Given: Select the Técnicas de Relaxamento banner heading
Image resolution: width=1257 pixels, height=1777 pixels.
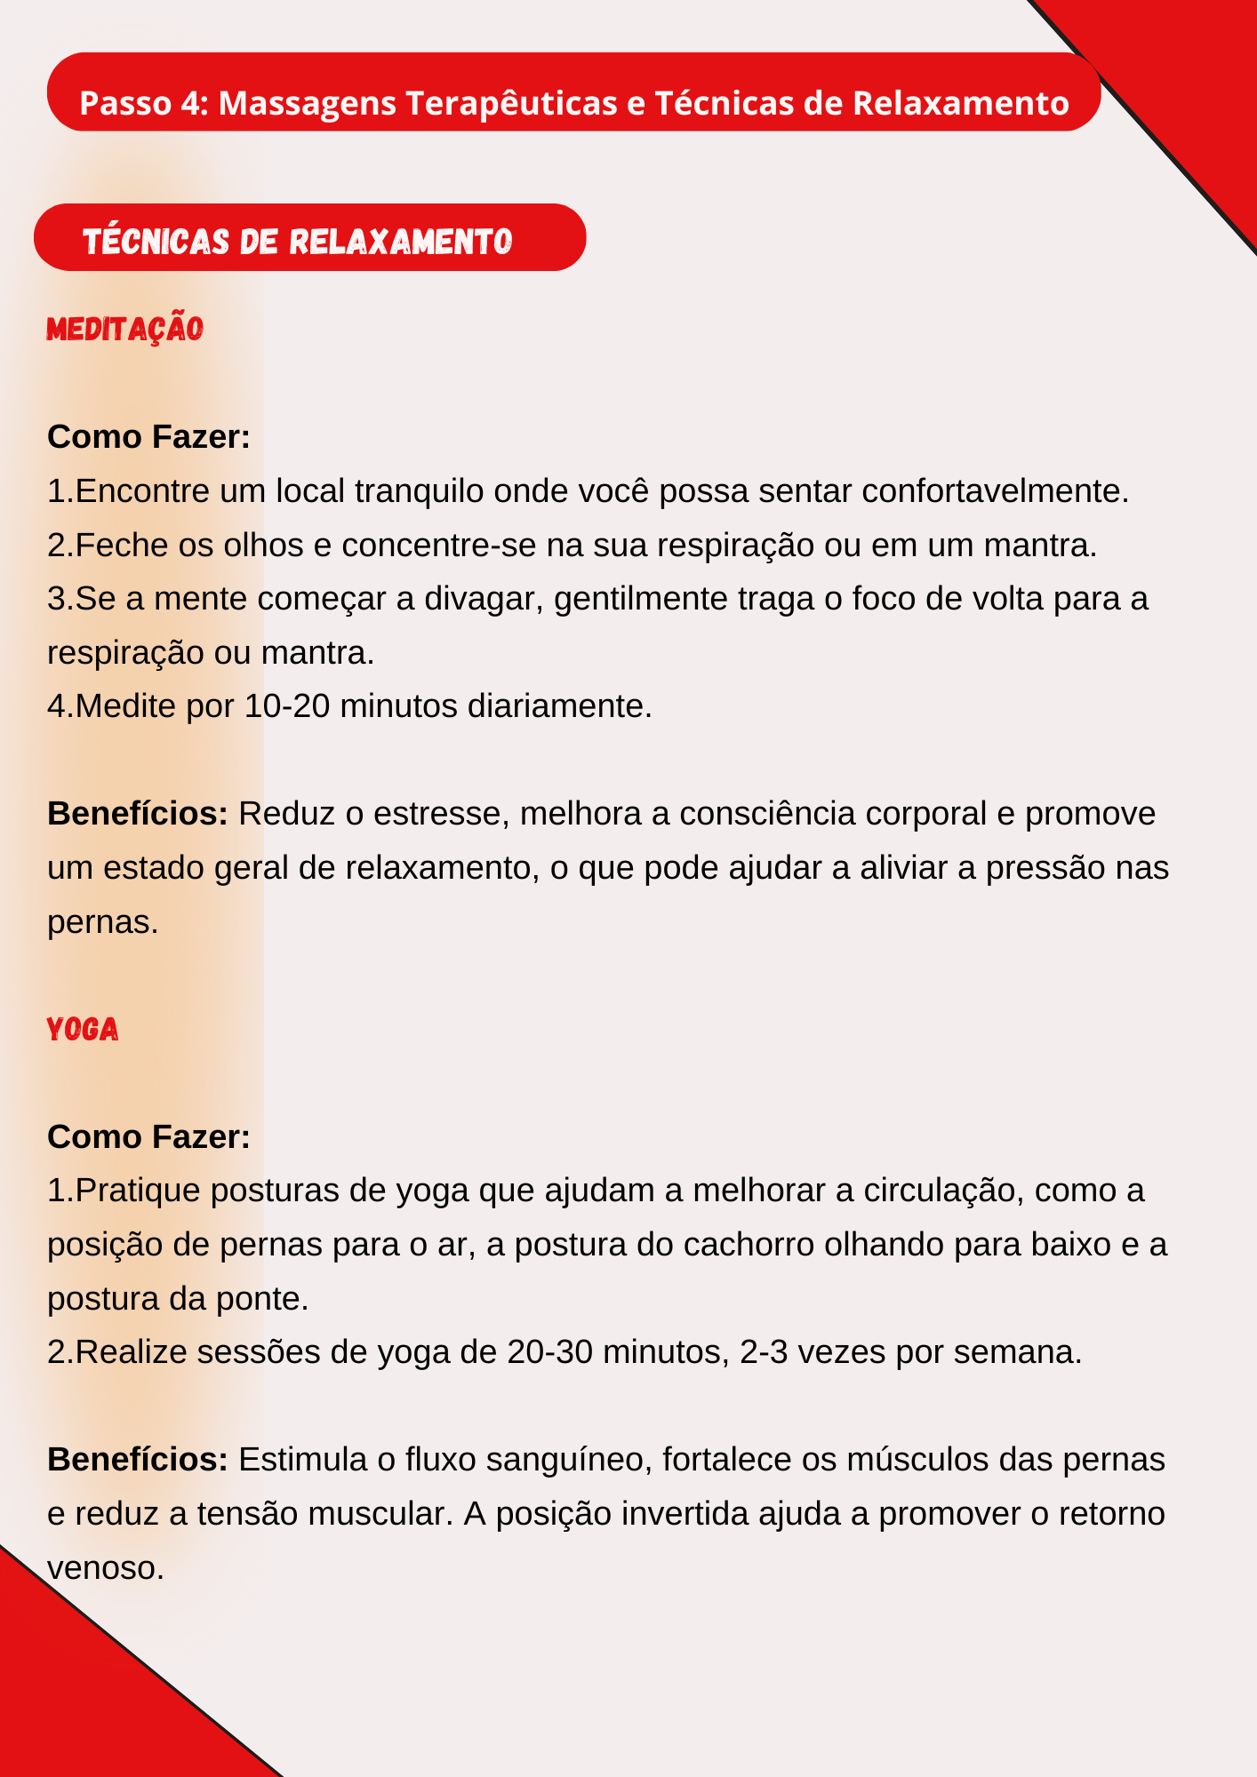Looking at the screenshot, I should click(298, 241).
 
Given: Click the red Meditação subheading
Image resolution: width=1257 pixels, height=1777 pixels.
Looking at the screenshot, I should click(124, 329).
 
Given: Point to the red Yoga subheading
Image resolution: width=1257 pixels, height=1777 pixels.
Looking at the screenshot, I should click(83, 1030).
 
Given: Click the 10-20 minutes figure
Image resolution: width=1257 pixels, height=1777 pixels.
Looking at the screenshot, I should click(287, 705).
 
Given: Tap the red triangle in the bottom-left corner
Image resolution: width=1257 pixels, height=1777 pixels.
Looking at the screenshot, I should click(80, 1697).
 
